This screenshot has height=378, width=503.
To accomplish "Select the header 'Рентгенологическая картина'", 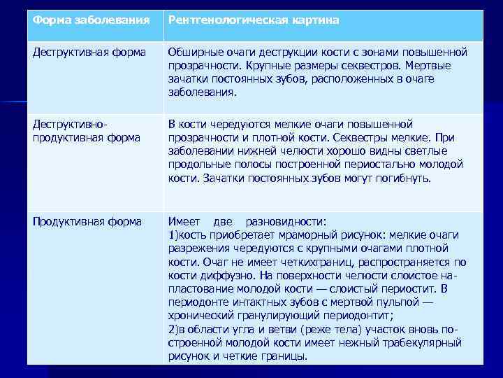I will tap(254, 20).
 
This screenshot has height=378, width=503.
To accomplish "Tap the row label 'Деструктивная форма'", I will tap(89, 52).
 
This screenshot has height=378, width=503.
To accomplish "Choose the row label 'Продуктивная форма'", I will tap(87, 222).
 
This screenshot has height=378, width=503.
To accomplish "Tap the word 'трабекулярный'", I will tap(425, 342).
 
